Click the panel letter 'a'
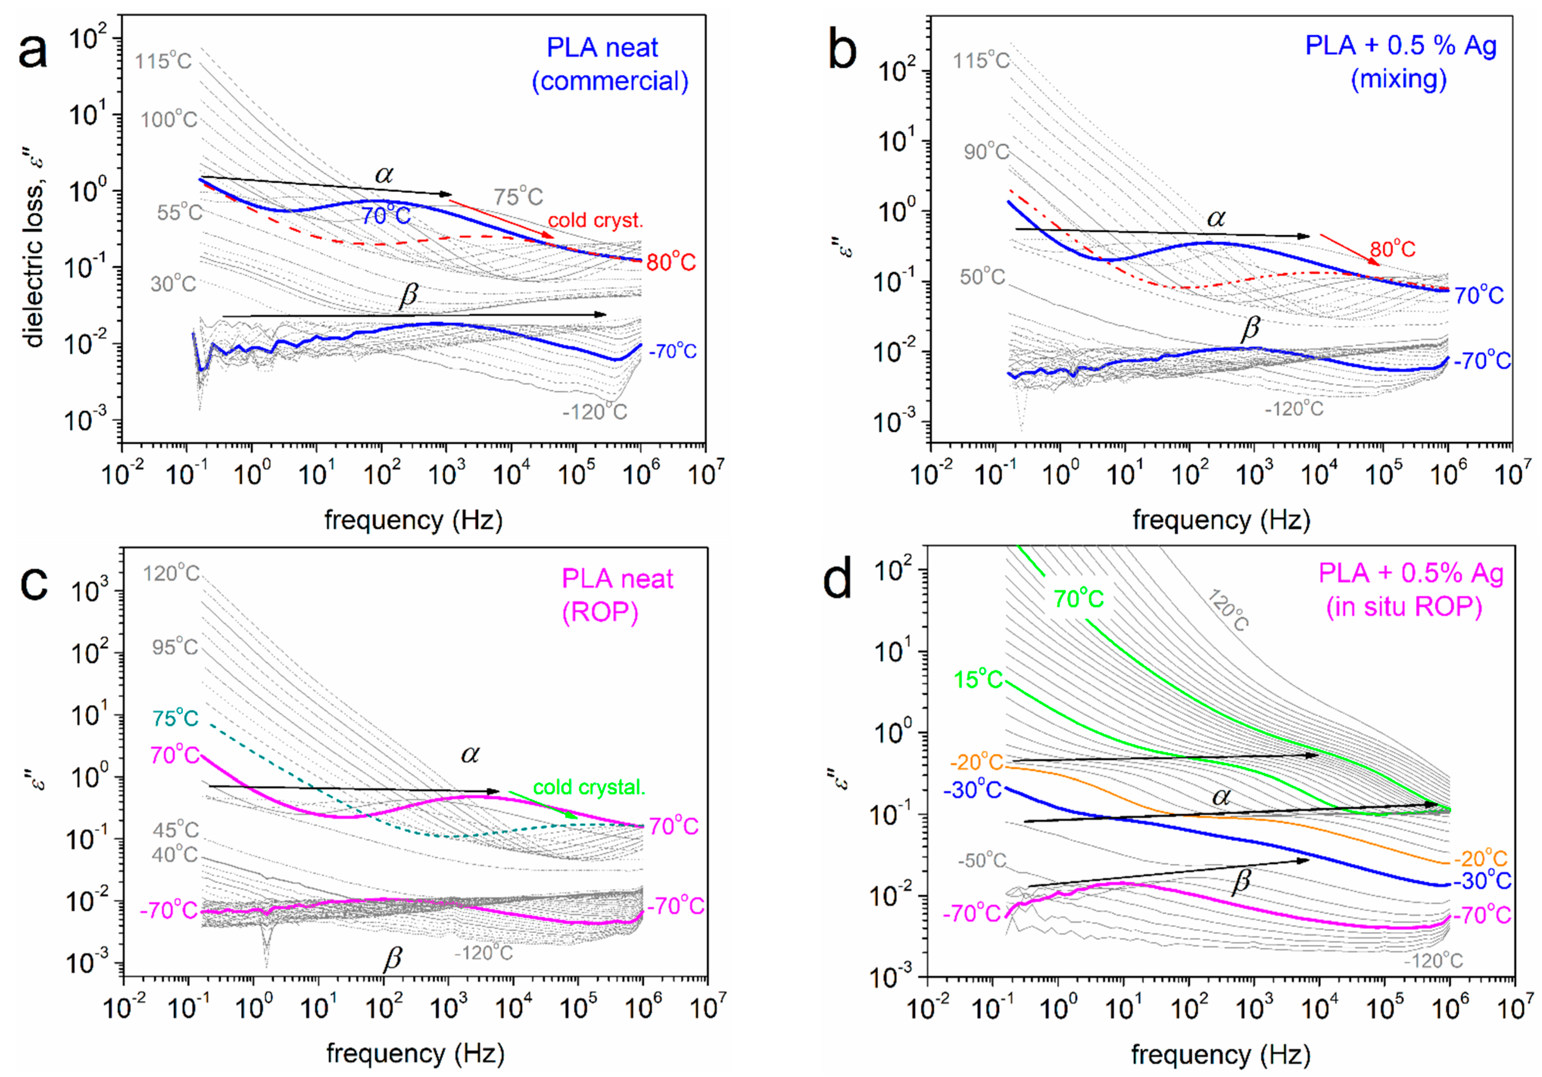(x=32, y=52)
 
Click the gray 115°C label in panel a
(x=163, y=62)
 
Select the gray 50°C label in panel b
(x=982, y=276)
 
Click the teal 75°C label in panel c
(x=175, y=718)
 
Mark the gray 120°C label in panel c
(x=171, y=573)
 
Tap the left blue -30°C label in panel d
(x=972, y=790)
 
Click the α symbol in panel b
(x=1216, y=218)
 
